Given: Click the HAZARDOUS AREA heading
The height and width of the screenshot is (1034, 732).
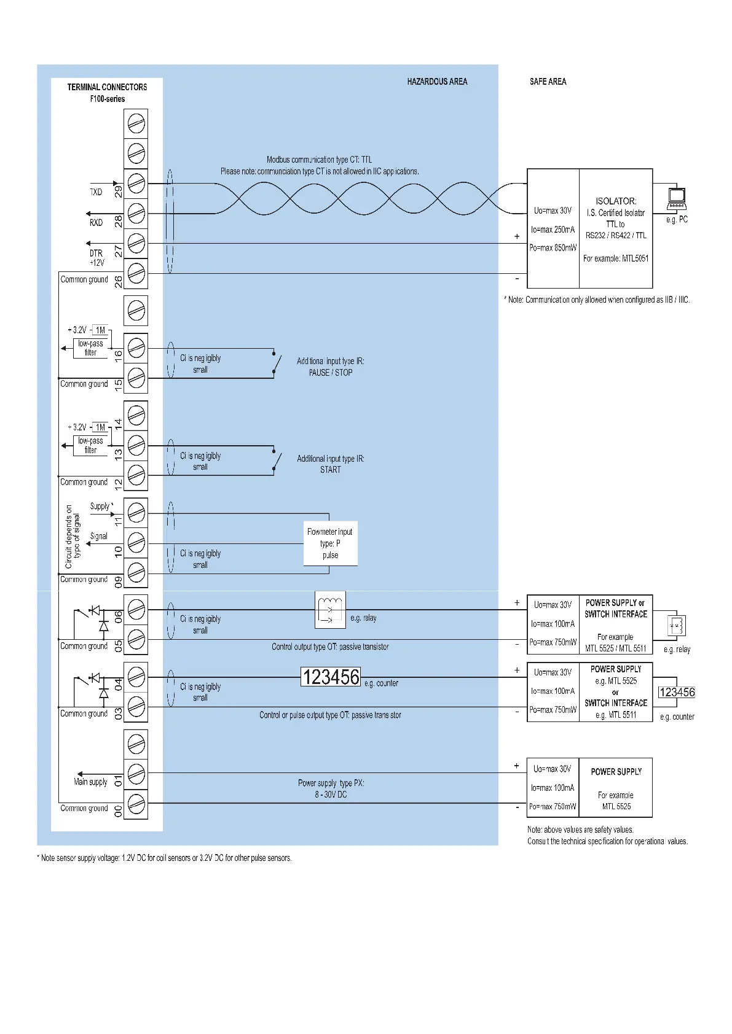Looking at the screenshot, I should click(x=437, y=82).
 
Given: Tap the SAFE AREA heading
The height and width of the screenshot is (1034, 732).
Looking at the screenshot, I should click(x=548, y=82).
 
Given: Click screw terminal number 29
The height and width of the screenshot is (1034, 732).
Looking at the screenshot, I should click(x=136, y=184).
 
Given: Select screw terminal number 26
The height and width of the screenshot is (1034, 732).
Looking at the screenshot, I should click(x=136, y=274).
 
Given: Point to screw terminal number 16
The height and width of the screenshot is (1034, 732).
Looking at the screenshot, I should click(x=136, y=349).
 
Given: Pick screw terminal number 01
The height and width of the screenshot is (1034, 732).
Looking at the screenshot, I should click(x=136, y=774).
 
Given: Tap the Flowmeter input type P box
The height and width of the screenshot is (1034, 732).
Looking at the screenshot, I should click(x=330, y=543).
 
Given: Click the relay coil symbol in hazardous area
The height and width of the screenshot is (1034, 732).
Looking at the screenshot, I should click(x=330, y=610).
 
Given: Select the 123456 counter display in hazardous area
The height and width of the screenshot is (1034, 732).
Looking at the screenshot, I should click(x=331, y=677).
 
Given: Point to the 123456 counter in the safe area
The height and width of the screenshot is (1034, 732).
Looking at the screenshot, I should click(x=677, y=693).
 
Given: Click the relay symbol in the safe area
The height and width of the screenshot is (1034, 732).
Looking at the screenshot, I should click(x=677, y=626).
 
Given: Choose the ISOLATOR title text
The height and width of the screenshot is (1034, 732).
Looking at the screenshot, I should click(x=615, y=201).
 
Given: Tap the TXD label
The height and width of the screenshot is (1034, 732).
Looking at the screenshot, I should click(x=96, y=192).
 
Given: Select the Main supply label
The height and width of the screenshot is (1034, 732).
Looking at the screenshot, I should click(x=90, y=782).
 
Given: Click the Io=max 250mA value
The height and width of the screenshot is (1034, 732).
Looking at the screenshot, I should click(x=553, y=230).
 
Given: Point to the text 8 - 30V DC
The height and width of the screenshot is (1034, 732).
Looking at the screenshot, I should click(x=331, y=795).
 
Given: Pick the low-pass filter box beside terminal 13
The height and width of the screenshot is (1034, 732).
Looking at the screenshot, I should click(x=90, y=445).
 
